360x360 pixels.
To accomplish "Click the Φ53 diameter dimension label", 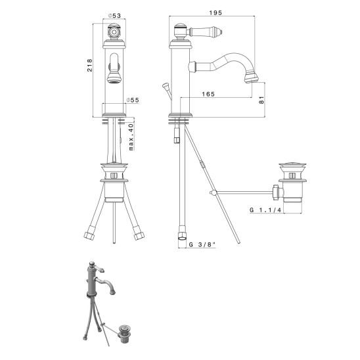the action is (x=114, y=16).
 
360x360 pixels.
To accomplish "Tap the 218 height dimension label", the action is (x=90, y=65).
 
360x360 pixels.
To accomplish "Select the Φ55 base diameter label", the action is (x=133, y=100).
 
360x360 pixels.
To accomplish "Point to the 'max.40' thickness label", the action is (x=131, y=137).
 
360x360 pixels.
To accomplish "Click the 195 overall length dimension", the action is (x=215, y=13).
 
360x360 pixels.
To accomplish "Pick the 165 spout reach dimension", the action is (x=208, y=94).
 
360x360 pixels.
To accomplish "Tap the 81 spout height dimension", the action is (x=261, y=100).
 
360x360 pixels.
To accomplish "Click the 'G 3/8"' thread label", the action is (x=202, y=245).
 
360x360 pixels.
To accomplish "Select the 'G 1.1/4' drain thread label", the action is (x=265, y=210).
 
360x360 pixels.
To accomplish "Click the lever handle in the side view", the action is (x=205, y=32).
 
